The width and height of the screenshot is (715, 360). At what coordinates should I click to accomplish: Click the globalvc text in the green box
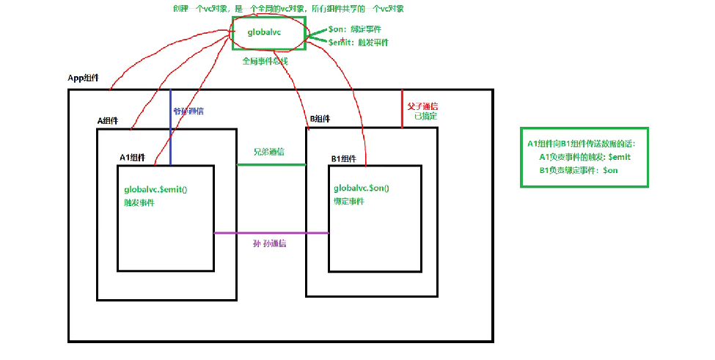(265, 32)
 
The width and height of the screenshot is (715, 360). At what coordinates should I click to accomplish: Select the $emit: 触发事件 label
(359, 43)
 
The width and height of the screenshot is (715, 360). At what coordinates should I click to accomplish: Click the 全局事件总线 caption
(265, 62)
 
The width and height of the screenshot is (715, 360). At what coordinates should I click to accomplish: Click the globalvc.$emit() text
(156, 190)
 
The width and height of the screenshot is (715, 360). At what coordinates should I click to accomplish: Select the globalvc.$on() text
(362, 188)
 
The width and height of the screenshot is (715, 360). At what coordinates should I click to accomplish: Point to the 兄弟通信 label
(269, 152)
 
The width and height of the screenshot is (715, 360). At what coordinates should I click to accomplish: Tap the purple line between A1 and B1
(271, 233)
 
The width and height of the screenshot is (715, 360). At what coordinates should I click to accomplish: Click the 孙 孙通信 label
(269, 243)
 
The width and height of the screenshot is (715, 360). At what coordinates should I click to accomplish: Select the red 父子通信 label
(422, 106)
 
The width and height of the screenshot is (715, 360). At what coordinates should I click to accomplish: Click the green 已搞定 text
(425, 116)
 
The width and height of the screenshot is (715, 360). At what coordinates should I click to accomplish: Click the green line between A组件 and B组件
(271, 164)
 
